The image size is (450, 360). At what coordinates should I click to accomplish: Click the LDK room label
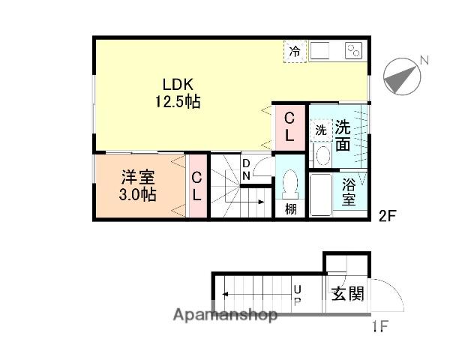click(x=178, y=85)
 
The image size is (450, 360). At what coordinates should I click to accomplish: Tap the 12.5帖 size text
click(x=178, y=101)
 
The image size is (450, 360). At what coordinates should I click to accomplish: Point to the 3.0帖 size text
click(x=139, y=194)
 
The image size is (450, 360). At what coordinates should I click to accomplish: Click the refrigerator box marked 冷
click(x=295, y=52)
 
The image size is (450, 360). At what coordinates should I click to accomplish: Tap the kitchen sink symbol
click(x=322, y=51)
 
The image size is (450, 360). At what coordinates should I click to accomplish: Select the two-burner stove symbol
click(x=353, y=51)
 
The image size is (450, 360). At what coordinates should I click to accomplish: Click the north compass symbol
click(x=402, y=76)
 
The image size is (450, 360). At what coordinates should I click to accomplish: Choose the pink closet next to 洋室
click(x=196, y=187)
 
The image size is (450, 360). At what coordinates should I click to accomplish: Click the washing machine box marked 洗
click(x=320, y=129)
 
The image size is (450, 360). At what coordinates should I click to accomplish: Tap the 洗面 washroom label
click(x=343, y=135)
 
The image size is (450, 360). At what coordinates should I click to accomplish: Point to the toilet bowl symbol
click(x=290, y=184)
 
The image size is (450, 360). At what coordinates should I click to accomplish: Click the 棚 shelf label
click(x=290, y=208)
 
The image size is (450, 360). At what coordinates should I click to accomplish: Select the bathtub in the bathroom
click(x=322, y=195)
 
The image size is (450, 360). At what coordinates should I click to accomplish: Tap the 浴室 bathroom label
click(x=349, y=191)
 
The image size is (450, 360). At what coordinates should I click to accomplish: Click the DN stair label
click(x=246, y=169)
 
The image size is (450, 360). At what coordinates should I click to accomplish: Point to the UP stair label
click(x=297, y=294)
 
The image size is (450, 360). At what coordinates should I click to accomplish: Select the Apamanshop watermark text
click(x=225, y=316)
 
